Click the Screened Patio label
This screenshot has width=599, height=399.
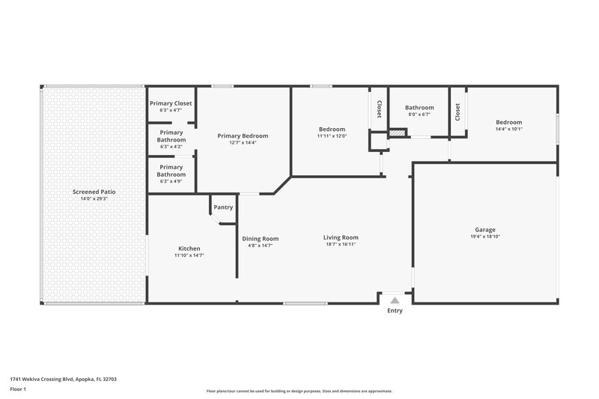(94, 192)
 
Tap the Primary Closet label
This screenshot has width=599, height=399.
(171, 103)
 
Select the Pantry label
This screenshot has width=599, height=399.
(223, 207)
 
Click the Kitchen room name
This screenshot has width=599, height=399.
(189, 249)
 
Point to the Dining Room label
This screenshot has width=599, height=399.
(260, 238)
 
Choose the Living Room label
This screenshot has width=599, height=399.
(341, 237)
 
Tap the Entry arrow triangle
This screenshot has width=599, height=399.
(394, 299)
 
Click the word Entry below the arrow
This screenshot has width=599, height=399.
(394, 311)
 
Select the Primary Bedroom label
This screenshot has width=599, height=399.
(243, 135)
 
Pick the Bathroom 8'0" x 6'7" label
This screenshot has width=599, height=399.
(419, 108)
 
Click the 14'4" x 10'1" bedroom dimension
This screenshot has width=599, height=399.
(508, 129)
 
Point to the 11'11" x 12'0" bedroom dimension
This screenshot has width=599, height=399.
(331, 136)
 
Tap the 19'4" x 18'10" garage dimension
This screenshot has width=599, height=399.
(485, 237)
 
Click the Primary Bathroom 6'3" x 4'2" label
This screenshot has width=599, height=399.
(171, 136)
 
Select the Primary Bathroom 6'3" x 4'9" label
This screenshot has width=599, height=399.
(171, 171)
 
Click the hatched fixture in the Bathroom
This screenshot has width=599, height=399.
(397, 133)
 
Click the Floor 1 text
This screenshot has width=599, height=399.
(18, 389)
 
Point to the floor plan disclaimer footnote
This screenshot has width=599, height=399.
(299, 391)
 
